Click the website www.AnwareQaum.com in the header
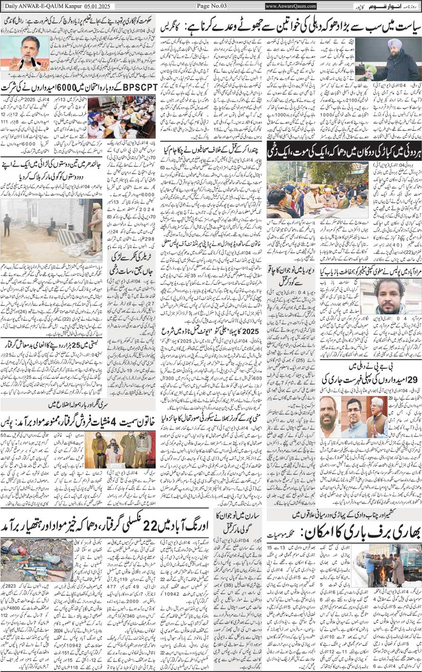click(x=291, y=6)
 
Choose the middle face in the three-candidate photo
click(x=354, y=416)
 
